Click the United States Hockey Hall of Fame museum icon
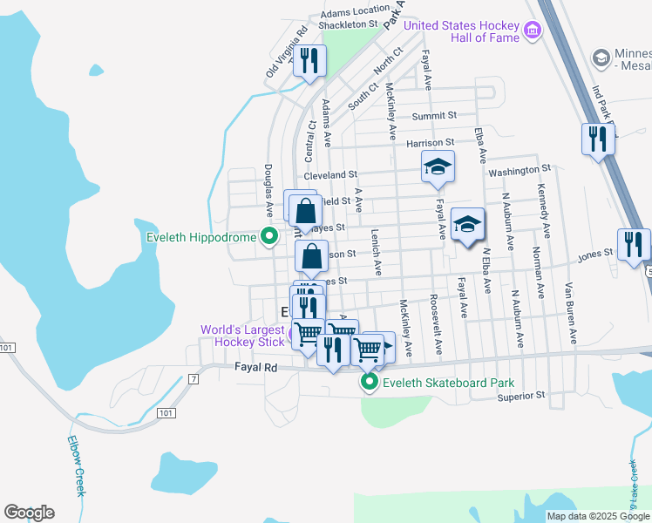coord(533,32)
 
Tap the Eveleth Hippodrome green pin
coord(269,236)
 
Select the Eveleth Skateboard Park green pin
coord(370,382)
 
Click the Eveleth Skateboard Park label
coord(447,382)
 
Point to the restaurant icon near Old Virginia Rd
coord(309,62)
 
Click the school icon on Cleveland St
coord(438,166)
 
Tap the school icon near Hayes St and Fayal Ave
coord(468,225)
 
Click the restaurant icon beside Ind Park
coord(598,139)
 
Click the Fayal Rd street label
coord(255,369)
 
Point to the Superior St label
coord(520,395)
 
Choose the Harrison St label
coord(430,142)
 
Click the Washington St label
coord(520,170)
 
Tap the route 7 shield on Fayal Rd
coord(193,378)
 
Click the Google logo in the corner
coord(29,513)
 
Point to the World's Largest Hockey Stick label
coord(242,336)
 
